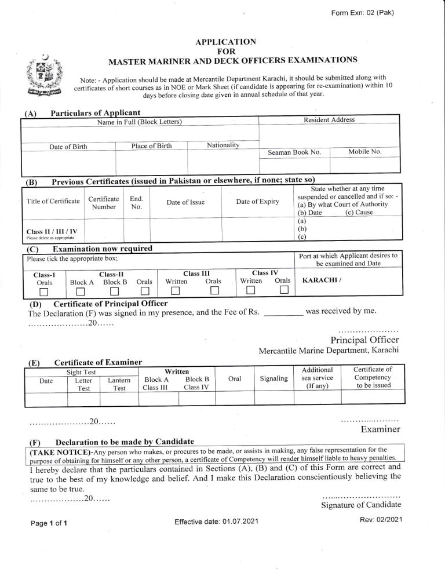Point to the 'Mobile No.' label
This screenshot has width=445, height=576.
364,152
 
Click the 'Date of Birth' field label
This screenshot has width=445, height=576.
68,147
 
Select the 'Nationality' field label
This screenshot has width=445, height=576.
225,144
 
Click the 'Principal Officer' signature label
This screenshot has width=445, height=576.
364,340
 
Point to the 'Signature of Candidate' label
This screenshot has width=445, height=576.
361,505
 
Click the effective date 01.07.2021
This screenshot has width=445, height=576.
216,523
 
